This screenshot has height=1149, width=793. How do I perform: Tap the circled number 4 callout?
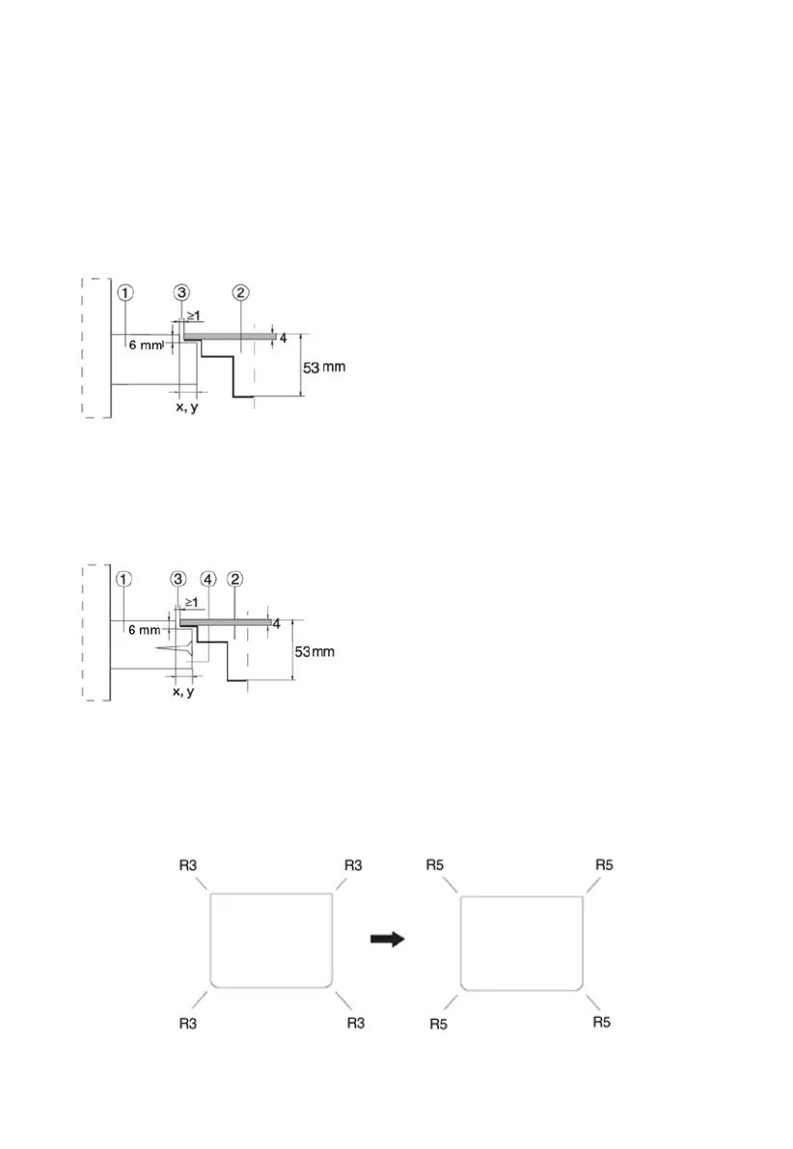tap(207, 580)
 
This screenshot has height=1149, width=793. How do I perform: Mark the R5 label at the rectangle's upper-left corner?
tap(436, 865)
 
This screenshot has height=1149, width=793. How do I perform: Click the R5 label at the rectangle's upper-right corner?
tap(604, 865)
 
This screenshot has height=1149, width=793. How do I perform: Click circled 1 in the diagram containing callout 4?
tap(123, 580)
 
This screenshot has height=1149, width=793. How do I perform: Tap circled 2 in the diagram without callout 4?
tap(240, 292)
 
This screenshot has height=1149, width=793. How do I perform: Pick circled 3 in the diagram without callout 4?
tap(181, 292)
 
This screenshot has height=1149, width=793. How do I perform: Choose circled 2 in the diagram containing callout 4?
tap(235, 580)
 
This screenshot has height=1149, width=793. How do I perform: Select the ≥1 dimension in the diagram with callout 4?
tap(191, 602)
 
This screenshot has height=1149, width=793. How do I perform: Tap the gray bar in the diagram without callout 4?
tap(229, 336)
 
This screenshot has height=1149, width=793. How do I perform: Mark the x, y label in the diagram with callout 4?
tap(181, 692)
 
